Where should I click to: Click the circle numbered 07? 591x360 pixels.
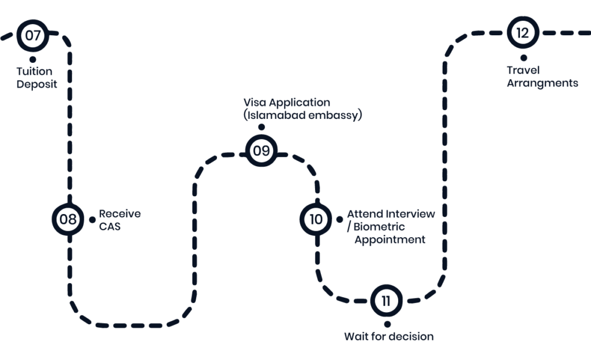point(33,35)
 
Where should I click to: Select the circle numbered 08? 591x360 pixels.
point(68,219)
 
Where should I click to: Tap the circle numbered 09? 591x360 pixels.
point(261,151)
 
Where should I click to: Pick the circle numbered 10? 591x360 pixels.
point(316,219)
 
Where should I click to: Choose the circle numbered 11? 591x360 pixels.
point(386,301)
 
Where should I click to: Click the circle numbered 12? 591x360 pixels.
point(522,33)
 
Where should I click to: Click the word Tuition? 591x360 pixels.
point(35,72)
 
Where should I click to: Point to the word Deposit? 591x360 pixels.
point(36,84)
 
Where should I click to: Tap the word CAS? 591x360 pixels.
point(110,227)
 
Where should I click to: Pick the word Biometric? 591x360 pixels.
point(379,227)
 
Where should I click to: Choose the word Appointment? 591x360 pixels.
point(390,239)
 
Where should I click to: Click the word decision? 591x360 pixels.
point(410,336)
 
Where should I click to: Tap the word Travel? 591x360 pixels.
point(523,70)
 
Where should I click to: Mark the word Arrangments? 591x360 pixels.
point(542,83)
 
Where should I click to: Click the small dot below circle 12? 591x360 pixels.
point(523,57)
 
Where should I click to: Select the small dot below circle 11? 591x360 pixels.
point(386,324)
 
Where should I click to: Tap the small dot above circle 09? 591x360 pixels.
point(261,127)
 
